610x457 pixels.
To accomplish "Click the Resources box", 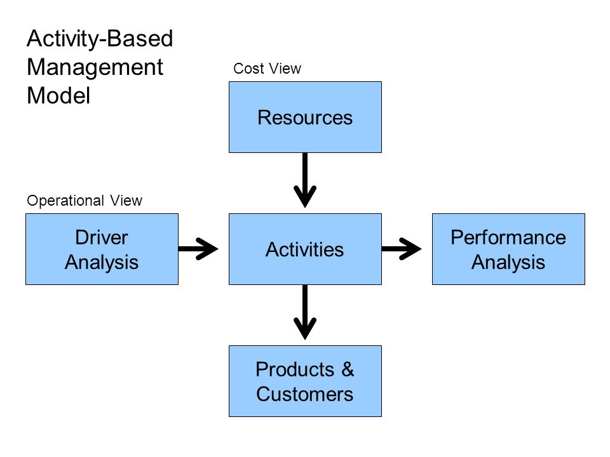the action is [305, 117].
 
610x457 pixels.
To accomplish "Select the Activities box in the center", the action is [305, 249].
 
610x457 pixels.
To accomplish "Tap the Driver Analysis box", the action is [102, 249].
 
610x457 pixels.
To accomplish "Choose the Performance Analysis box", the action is [508, 249].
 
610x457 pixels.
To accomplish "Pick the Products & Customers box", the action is [305, 381].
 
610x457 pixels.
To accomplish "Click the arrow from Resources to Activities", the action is [305, 180].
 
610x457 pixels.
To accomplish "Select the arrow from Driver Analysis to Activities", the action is [198, 249].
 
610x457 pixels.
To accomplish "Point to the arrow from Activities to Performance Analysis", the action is [402, 249].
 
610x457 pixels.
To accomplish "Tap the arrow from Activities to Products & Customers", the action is [305, 312].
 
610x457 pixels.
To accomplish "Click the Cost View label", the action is [267, 69].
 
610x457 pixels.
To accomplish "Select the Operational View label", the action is [85, 201].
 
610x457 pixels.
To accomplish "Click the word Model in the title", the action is [58, 96].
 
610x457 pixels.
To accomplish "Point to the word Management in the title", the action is [95, 68].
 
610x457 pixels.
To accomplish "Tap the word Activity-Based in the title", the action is [100, 39].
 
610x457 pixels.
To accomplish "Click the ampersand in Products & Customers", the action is [348, 369].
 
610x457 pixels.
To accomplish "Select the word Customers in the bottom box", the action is [304, 394].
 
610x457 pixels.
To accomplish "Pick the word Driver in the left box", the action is [102, 237].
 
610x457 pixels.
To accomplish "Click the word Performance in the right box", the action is [508, 237].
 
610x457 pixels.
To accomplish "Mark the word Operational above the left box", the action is [65, 201].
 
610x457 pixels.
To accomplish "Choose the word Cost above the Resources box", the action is [248, 69].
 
